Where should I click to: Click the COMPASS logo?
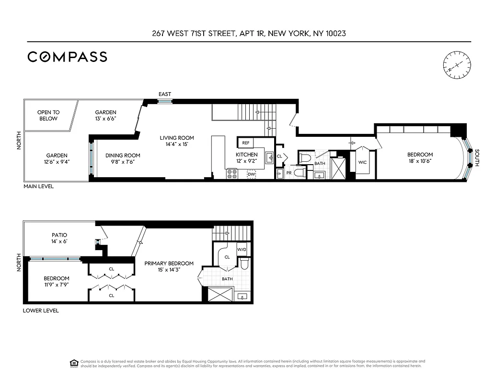click(x=67, y=57)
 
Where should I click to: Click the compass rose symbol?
click(x=456, y=64)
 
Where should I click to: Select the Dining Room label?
click(x=123, y=158)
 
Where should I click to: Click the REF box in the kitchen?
click(x=246, y=143)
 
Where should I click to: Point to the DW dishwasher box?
click(x=251, y=174)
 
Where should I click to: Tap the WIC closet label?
click(x=362, y=162)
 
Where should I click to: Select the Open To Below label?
click(x=48, y=116)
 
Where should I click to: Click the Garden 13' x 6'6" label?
click(x=105, y=115)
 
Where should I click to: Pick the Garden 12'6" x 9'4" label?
click(x=57, y=158)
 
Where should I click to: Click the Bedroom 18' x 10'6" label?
click(x=420, y=158)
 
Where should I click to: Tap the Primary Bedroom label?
click(x=169, y=266)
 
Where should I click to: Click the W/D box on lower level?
click(x=242, y=250)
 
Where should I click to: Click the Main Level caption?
click(x=38, y=186)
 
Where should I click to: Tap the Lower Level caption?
click(x=41, y=311)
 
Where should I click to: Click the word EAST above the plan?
click(x=165, y=94)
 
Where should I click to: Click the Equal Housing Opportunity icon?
click(x=74, y=363)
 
